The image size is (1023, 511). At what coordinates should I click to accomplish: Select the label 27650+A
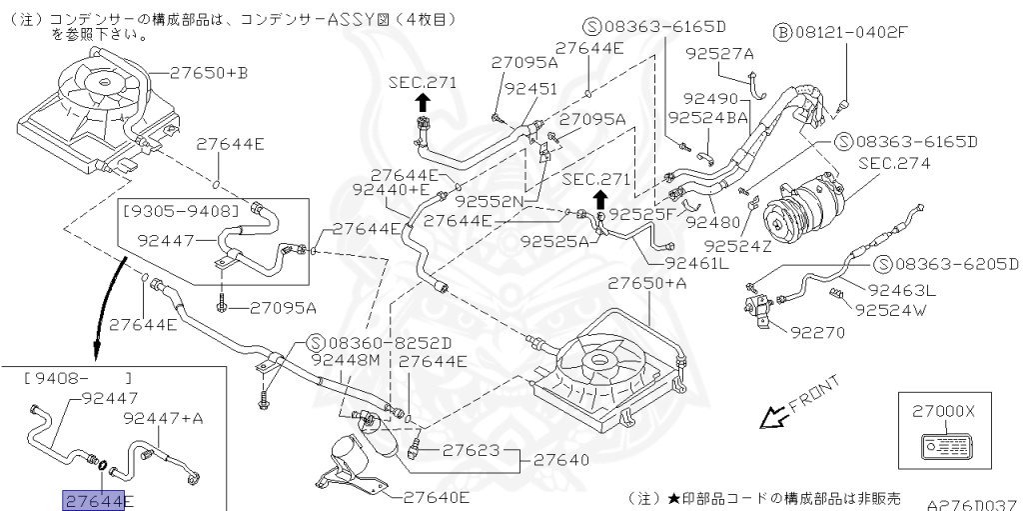pyautogui.click(x=647, y=283)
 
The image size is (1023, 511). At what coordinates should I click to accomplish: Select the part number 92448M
pyautogui.click(x=347, y=360)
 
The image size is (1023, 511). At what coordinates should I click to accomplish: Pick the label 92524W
pyautogui.click(x=890, y=310)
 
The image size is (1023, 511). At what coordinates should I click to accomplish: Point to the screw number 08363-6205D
pyautogui.click(x=953, y=264)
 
